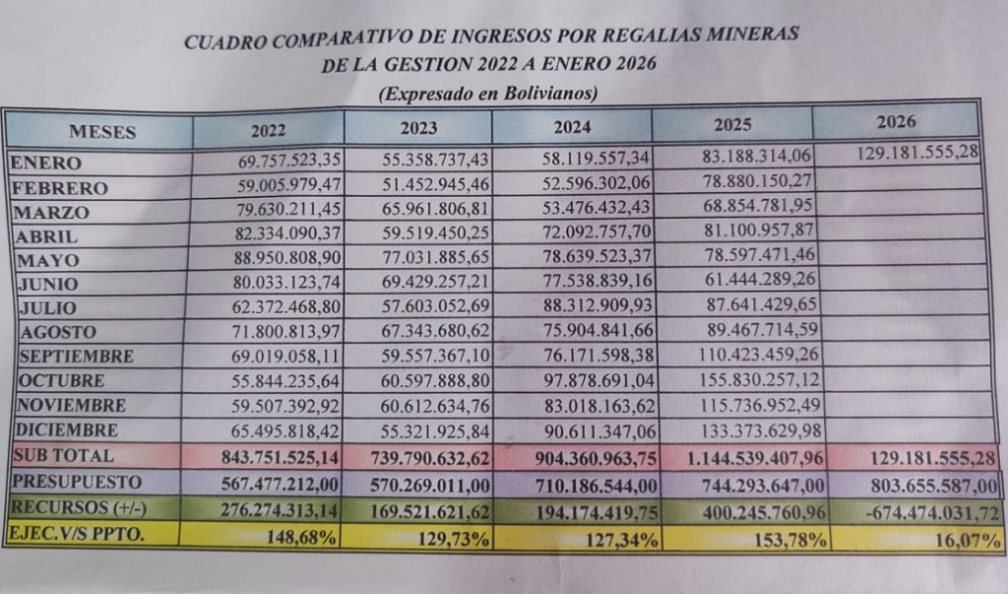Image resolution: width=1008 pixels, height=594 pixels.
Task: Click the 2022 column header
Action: tap(268, 129)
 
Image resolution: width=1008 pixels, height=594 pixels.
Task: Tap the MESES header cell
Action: tap(102, 131)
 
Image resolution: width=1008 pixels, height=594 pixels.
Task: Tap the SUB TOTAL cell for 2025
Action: tap(741, 457)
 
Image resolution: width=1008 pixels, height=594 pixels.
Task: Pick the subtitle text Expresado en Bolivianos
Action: tap(488, 94)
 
